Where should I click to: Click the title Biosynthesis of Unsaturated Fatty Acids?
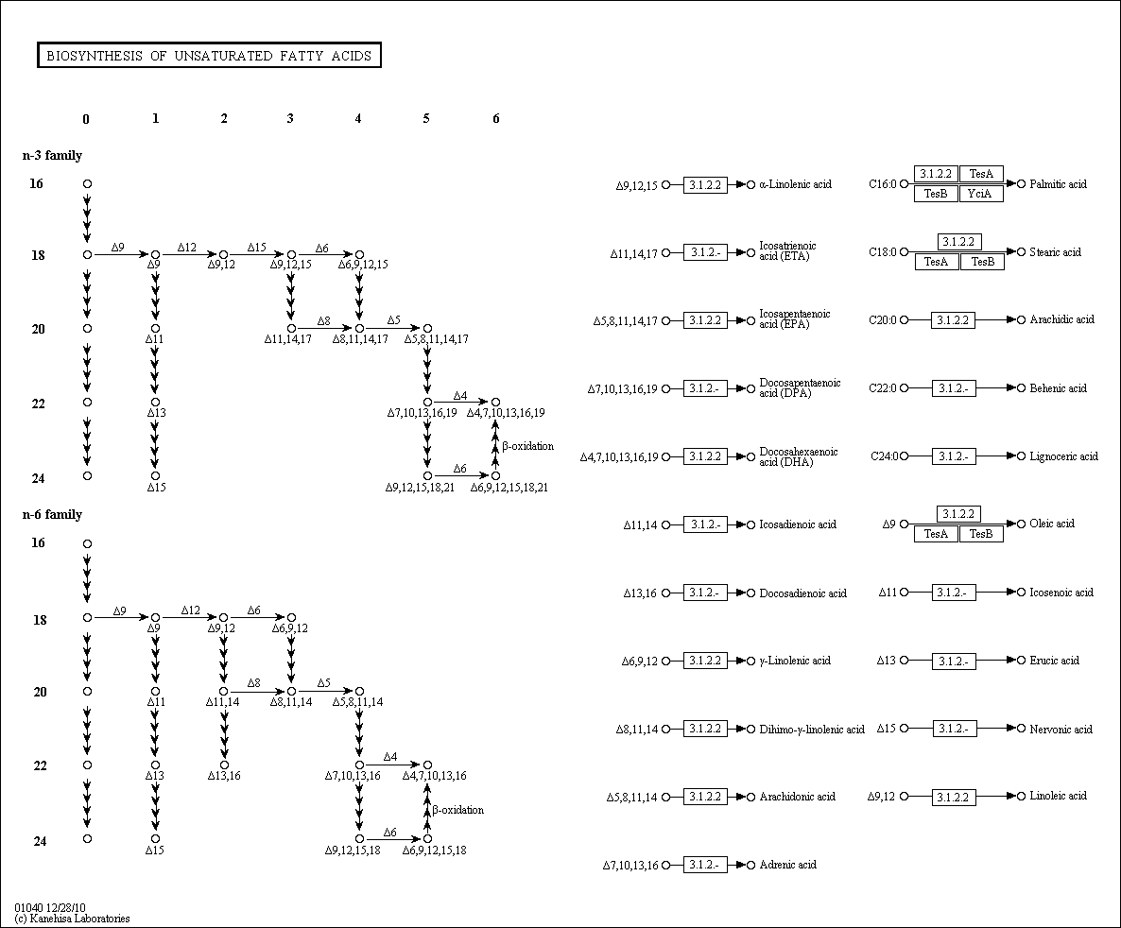209,56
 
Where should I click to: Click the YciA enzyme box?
981,194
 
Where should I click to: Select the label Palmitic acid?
1058,184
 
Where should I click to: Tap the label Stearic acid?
1055,252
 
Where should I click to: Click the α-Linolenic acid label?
795,184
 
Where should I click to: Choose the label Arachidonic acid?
797,797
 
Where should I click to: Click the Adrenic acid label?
787,865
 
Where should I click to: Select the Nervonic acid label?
1061,729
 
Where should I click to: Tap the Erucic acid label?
1054,661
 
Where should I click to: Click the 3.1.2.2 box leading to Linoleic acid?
954,798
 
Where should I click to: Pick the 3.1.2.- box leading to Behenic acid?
954,388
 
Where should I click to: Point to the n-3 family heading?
52,155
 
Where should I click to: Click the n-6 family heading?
52,514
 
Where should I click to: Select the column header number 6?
495,118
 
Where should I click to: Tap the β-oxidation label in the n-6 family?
458,810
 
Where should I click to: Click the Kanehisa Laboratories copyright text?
73,919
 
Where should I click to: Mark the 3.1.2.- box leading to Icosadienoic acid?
705,524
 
